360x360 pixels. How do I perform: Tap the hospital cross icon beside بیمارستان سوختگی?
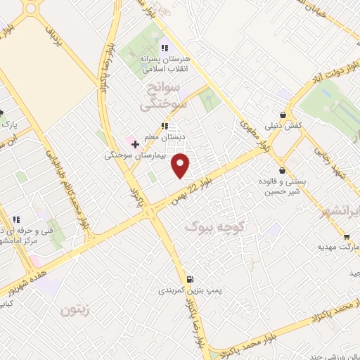[x=136, y=143]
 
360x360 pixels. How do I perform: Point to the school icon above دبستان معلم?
[x=164, y=126]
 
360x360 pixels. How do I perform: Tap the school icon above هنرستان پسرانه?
[x=164, y=48]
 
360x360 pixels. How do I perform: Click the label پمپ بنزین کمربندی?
[x=181, y=290]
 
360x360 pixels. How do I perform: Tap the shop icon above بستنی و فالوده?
[x=283, y=170]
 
